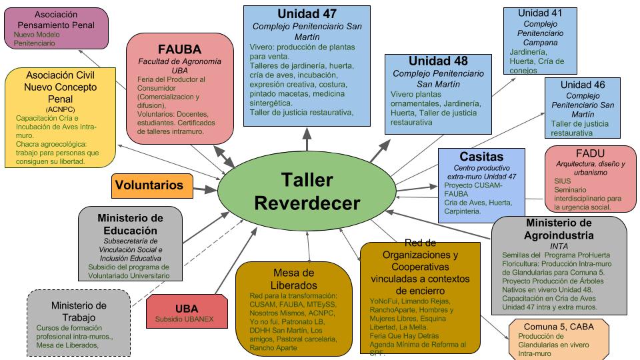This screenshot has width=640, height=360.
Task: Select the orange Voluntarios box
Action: click(x=152, y=185)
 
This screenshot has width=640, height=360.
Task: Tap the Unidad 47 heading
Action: click(x=307, y=14)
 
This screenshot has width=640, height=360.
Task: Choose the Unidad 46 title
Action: click(x=582, y=85)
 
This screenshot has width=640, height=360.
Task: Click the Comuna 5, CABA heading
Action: click(x=559, y=327)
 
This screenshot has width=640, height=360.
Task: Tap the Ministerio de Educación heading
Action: click(x=130, y=224)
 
